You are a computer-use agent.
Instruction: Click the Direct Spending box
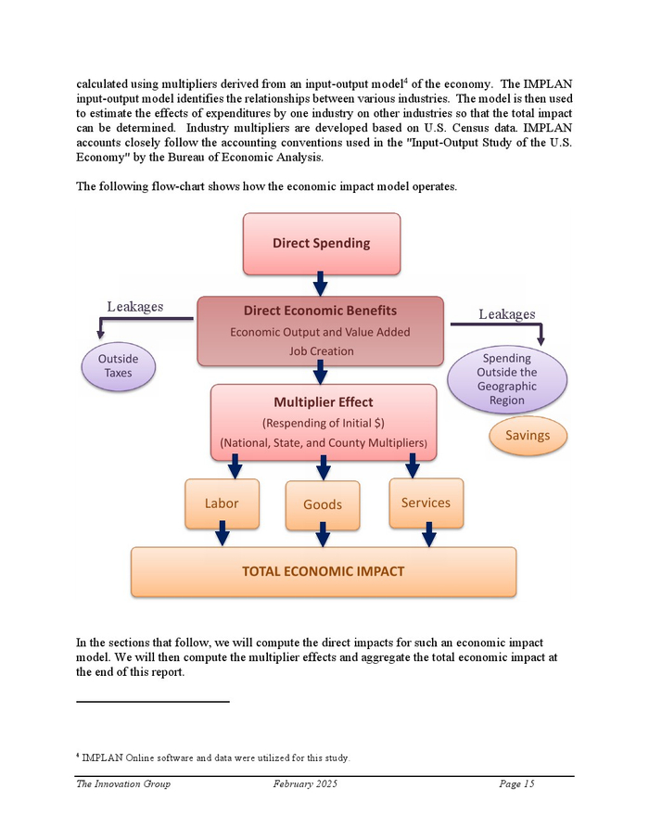321,243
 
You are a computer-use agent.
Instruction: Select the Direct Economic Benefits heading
320,311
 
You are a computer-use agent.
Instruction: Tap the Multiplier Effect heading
324,402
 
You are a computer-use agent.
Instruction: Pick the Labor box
222,503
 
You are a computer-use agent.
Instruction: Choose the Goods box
323,504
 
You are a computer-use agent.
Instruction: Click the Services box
426,503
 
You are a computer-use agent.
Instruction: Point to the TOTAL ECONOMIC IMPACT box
323,571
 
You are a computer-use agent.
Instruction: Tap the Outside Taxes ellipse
118,366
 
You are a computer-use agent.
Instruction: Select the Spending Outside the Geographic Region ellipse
506,379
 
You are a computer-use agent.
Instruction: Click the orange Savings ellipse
528,436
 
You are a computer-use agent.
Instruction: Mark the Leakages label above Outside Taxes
135,307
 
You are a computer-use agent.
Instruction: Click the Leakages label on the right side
506,314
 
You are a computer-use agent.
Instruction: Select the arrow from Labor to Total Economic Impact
223,535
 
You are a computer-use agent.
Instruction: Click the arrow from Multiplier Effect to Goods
324,469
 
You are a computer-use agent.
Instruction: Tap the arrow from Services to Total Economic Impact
428,534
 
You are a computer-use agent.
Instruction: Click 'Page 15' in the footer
516,784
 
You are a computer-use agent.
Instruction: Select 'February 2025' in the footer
305,784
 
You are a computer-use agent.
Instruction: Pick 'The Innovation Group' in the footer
123,784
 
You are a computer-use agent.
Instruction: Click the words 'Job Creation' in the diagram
320,351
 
